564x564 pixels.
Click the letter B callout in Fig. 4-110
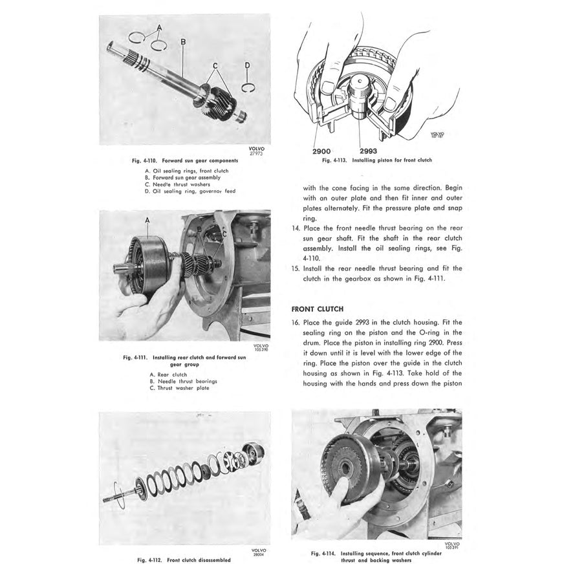click(x=183, y=41)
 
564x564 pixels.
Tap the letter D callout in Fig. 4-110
click(x=247, y=65)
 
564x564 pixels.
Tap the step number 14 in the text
click(x=296, y=228)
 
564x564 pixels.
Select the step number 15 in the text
click(x=296, y=268)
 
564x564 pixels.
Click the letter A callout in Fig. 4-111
click(x=147, y=220)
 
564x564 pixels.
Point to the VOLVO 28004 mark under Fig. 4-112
click(x=257, y=552)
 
